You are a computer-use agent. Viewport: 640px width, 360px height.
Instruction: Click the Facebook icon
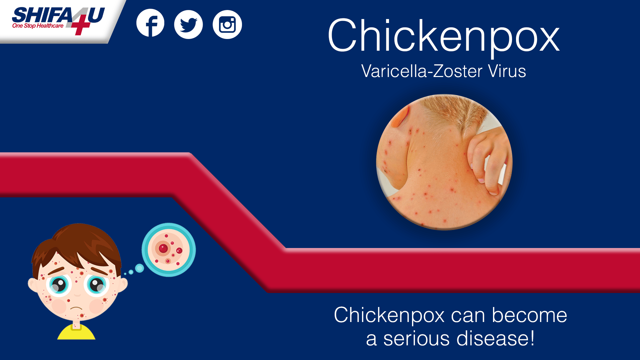pos(150,23)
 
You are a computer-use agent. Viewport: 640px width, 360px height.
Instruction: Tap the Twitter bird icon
pos(188,24)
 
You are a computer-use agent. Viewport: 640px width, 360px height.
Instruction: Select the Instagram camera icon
pos(227,24)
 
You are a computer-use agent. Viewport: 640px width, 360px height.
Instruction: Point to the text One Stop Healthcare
pos(38,26)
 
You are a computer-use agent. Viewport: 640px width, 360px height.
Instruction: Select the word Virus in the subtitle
pos(507,71)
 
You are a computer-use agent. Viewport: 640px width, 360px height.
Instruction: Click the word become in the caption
pos(529,315)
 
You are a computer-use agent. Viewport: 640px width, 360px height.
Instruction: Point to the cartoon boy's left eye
pos(96,285)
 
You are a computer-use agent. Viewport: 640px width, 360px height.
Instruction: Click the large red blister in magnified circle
pos(163,248)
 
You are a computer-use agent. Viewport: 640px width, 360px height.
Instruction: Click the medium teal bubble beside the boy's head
pos(139,268)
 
